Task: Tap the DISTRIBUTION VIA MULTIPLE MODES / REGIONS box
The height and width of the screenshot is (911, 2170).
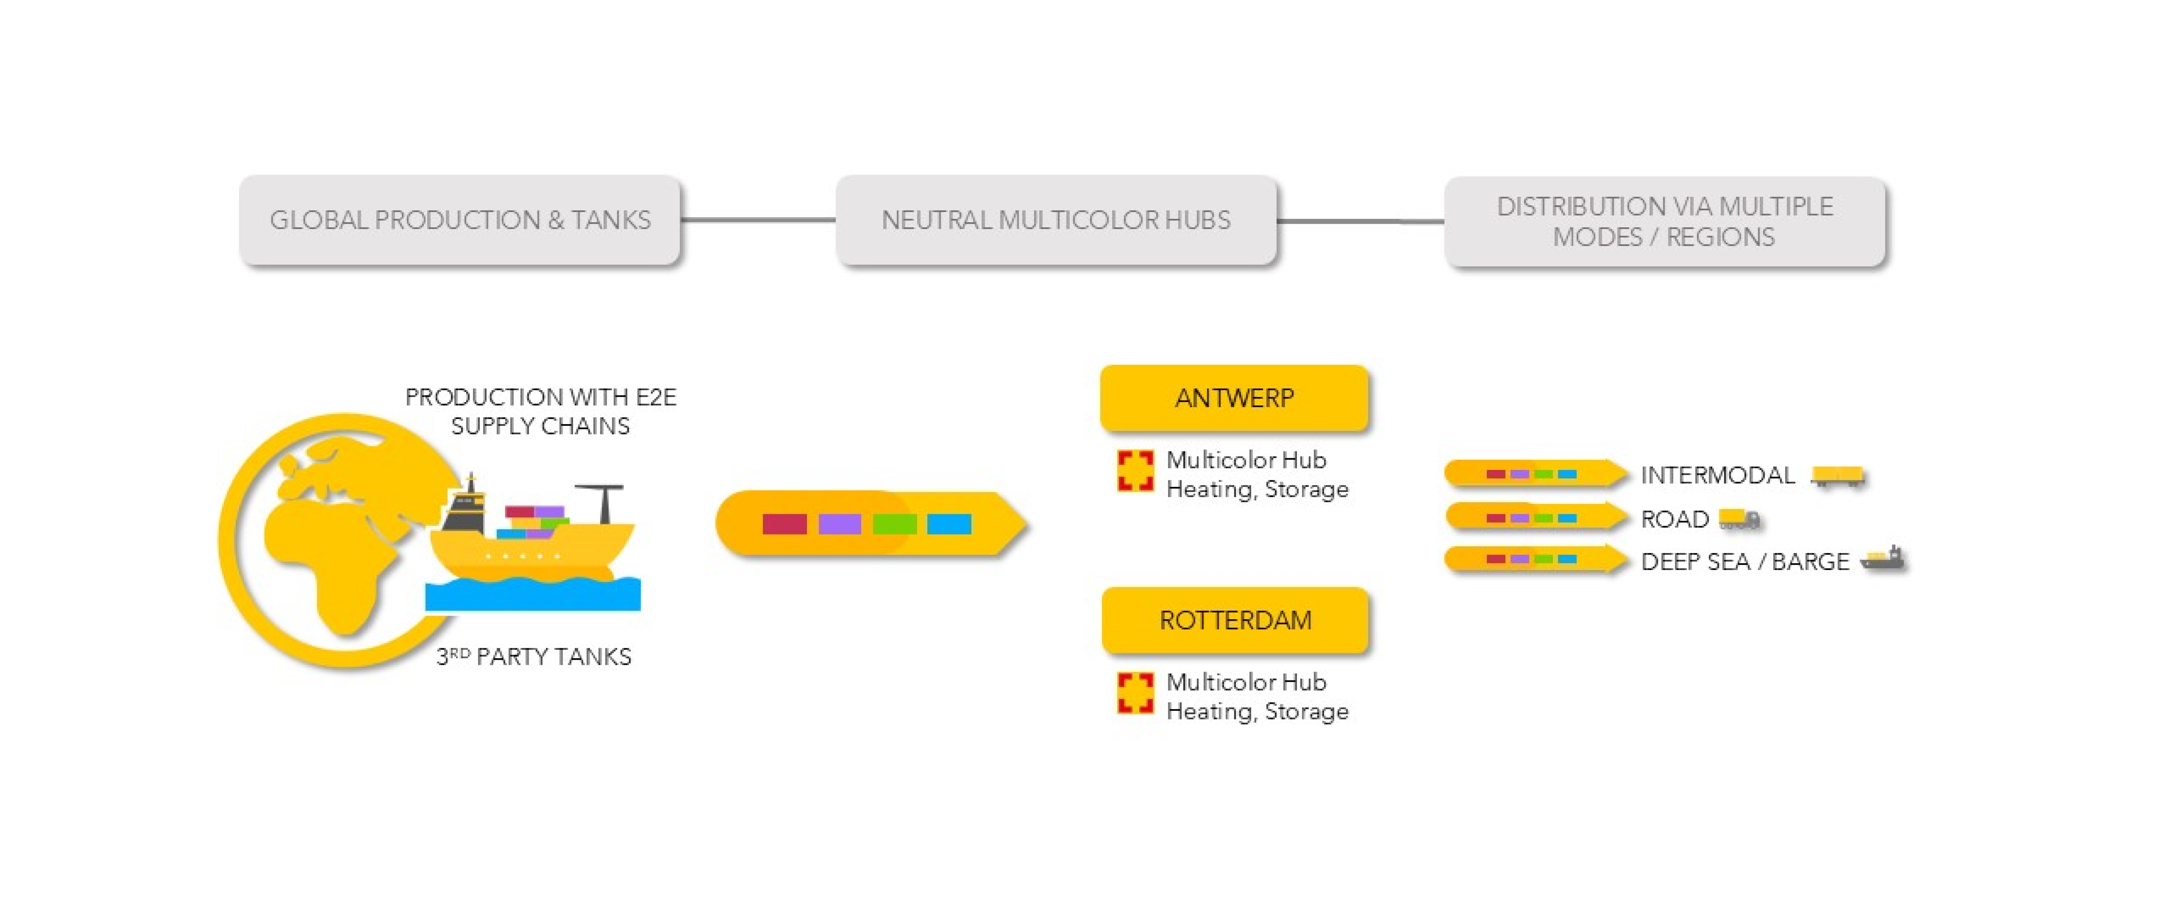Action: pos(1664,222)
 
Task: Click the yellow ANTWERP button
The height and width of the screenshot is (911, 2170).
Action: pos(1234,398)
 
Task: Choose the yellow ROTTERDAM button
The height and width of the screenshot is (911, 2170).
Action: pos(1235,620)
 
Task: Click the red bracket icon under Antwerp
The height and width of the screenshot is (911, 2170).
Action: pos(1135,470)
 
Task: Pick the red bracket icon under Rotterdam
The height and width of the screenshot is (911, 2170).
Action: pos(1135,693)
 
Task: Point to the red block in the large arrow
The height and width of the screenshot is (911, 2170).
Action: pos(784,524)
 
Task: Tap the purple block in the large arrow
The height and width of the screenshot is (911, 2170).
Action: pos(839,524)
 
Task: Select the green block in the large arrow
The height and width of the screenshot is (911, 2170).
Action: pos(895,524)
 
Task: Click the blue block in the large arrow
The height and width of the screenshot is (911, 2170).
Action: pos(949,524)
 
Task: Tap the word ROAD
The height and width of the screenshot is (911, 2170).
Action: pos(1675,519)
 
